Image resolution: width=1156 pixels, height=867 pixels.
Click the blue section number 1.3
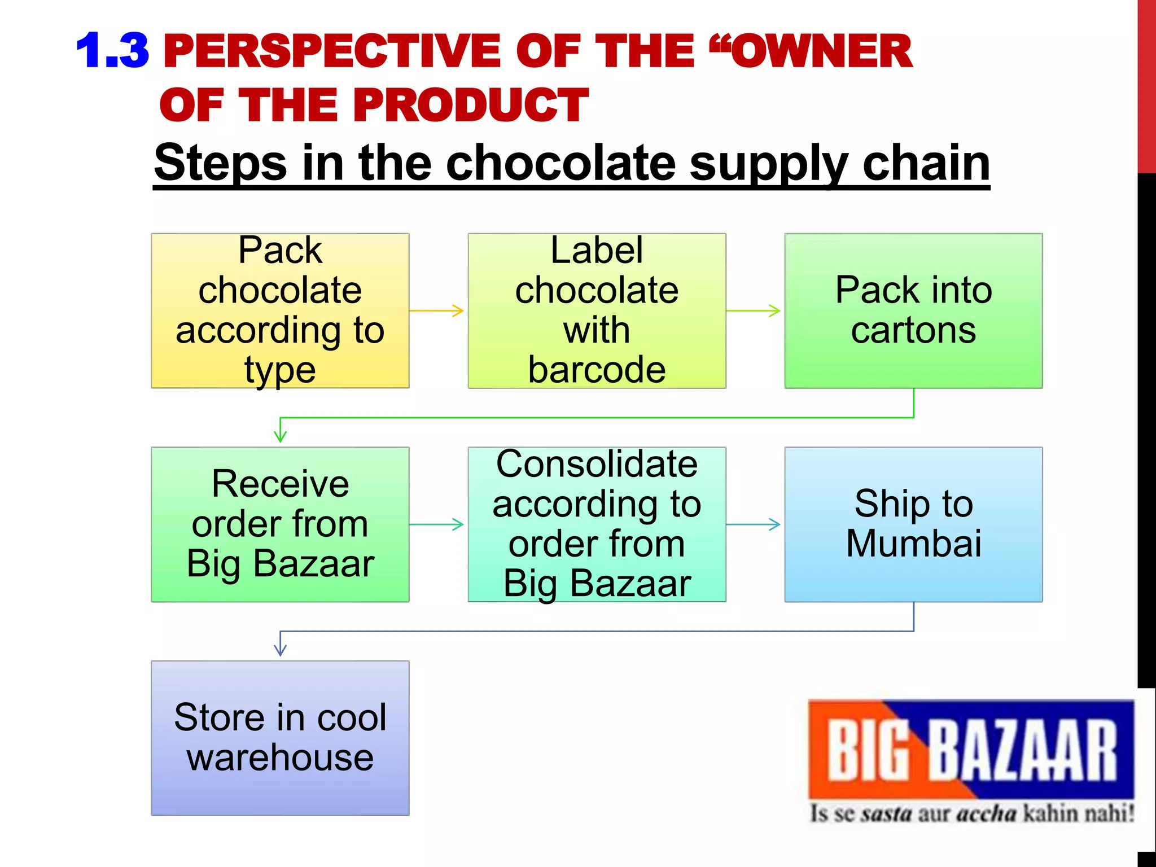(112, 51)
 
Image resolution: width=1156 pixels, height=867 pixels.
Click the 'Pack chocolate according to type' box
(280, 310)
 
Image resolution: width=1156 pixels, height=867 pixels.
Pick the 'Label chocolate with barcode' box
(597, 310)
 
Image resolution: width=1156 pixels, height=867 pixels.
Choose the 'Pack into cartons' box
(913, 310)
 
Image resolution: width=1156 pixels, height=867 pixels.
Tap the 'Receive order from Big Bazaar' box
(280, 524)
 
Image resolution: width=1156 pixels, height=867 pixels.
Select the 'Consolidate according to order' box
(597, 524)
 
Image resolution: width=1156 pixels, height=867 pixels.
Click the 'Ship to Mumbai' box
(913, 524)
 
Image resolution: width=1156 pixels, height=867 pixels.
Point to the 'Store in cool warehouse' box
(280, 738)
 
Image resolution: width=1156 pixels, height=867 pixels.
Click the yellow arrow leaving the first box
(437, 310)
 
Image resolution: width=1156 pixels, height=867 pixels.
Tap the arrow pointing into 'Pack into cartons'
(754, 310)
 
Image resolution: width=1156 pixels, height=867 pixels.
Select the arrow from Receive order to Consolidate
(437, 524)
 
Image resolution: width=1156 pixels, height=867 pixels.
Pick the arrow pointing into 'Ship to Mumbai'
(754, 524)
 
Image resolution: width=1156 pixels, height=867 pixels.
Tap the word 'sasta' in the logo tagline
(886, 815)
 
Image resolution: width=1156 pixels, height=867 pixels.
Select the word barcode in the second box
(597, 370)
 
